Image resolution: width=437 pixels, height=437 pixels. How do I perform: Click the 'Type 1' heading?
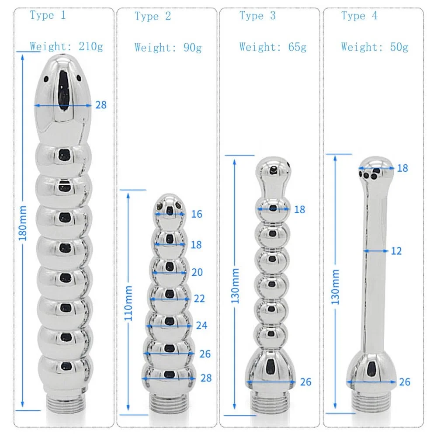48,16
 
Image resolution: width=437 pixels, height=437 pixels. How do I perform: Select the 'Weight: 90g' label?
168,47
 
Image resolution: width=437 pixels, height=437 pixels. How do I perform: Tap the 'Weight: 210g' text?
66,46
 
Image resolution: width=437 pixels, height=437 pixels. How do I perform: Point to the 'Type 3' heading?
257,16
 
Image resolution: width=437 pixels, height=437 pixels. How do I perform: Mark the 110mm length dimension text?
129,303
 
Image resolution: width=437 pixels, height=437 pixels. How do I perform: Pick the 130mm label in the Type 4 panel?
336,287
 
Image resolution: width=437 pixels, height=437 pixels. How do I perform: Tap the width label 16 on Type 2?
197,214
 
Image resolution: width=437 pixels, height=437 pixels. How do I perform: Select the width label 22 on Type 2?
199,298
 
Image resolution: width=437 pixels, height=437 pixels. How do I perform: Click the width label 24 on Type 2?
201,326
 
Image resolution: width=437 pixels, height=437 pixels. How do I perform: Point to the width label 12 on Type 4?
396,251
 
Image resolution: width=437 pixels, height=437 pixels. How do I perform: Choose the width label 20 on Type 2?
197,272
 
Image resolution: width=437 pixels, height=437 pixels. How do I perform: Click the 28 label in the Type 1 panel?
101,105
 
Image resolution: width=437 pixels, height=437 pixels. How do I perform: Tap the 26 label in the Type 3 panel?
305,382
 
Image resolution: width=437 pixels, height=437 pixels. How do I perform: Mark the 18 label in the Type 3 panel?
299,209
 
